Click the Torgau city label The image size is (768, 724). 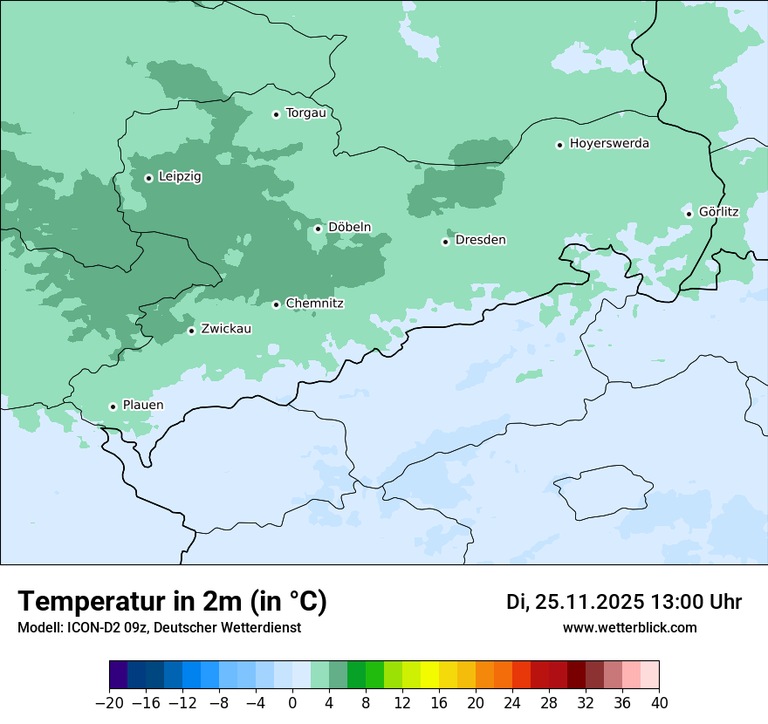pyautogui.click(x=305, y=113)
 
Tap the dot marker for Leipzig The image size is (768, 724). pyautogui.click(x=148, y=178)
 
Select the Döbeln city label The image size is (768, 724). pyautogui.click(x=349, y=228)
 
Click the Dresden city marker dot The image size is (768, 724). pyautogui.click(x=445, y=242)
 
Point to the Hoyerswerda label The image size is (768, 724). pyautogui.click(x=609, y=144)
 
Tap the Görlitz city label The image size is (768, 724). pyautogui.click(x=718, y=212)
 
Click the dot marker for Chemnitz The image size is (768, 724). pyautogui.click(x=276, y=304)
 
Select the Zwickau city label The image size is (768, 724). pyautogui.click(x=226, y=330)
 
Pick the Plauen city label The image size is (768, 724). pyautogui.click(x=142, y=406)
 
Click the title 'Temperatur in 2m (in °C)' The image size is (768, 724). pyautogui.click(x=172, y=602)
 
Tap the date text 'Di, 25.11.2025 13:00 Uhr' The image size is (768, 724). pyautogui.click(x=624, y=602)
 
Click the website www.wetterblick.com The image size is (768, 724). pyautogui.click(x=629, y=628)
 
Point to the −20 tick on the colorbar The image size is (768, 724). pyautogui.click(x=109, y=703)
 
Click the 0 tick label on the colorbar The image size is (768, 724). pyautogui.click(x=292, y=703)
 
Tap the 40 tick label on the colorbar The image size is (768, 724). pyautogui.click(x=659, y=703)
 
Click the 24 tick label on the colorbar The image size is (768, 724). pyautogui.click(x=512, y=703)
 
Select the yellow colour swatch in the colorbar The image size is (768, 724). pyautogui.click(x=429, y=675)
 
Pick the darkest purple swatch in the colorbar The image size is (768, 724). pyautogui.click(x=119, y=675)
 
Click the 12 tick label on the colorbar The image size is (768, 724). pyautogui.click(x=402, y=703)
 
